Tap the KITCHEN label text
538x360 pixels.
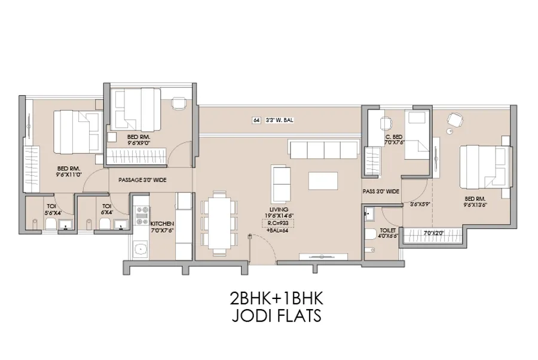(162, 222)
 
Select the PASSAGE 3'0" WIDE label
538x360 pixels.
(143, 179)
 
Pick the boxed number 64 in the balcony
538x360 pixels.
(256, 120)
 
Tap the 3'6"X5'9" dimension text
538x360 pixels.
(420, 204)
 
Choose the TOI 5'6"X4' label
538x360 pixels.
(51, 209)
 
